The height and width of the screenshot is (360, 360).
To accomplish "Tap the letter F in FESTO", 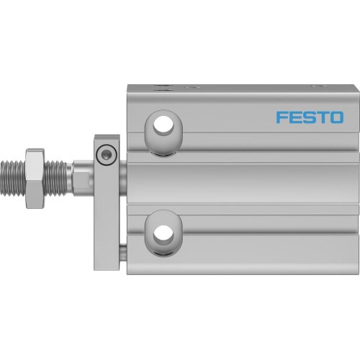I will click(282, 117).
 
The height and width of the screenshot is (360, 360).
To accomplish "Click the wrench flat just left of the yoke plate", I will click(81, 174).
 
